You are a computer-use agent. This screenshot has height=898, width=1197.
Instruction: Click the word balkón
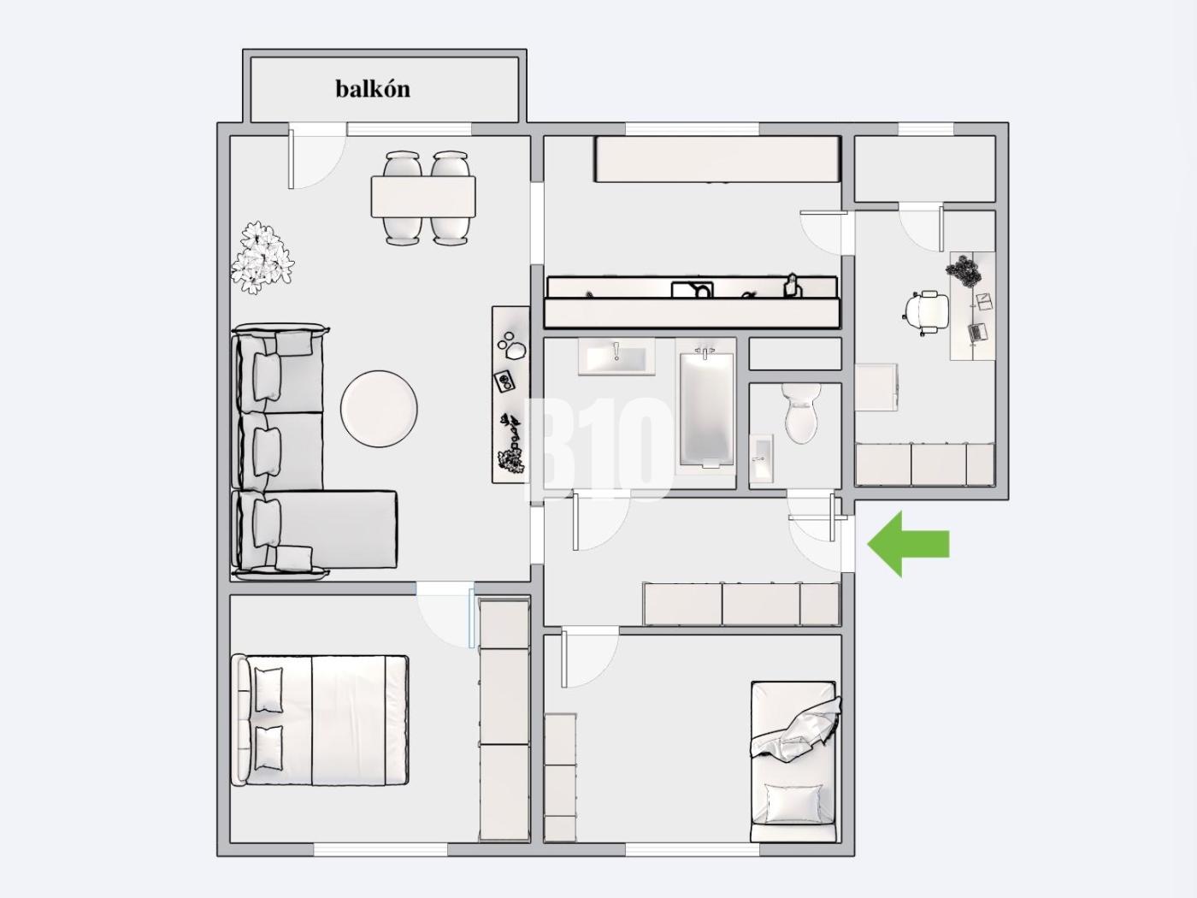[373, 89]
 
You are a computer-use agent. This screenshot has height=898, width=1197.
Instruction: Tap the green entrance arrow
[909, 544]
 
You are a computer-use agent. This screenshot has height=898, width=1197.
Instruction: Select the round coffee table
[379, 409]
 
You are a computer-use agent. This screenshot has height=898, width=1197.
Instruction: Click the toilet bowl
[801, 413]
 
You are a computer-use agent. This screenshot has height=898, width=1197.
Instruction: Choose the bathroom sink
[616, 358]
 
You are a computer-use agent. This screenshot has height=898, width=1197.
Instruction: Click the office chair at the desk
[925, 315]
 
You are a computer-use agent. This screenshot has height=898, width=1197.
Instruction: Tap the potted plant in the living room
[262, 258]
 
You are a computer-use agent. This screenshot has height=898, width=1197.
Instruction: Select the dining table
[423, 197]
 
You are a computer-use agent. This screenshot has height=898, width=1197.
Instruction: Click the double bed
[320, 720]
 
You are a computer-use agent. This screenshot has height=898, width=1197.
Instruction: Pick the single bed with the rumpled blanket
[793, 760]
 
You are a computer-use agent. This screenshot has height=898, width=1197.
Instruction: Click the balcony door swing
[317, 159]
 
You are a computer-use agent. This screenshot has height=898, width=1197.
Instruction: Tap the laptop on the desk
[977, 333]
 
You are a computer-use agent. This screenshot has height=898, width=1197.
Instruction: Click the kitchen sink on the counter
[692, 290]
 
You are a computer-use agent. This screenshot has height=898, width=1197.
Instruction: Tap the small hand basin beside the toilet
[761, 458]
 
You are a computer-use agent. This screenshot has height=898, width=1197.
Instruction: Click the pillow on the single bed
[794, 804]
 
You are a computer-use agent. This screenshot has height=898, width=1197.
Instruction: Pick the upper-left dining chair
[403, 163]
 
